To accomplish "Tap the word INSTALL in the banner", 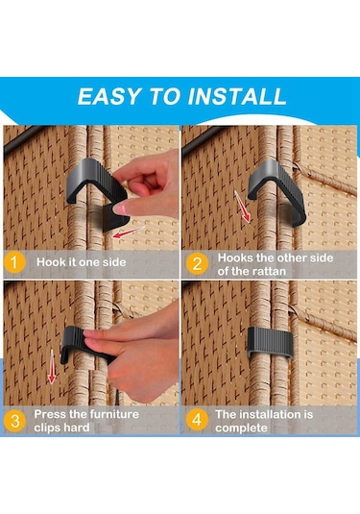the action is [x=237, y=96].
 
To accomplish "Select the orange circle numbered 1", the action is [x=14, y=262].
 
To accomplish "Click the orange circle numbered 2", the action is [x=197, y=263].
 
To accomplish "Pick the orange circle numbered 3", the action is [x=14, y=421].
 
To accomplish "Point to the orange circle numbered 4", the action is [x=197, y=420].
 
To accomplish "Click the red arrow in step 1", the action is [x=128, y=232].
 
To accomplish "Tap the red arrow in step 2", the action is [x=243, y=207].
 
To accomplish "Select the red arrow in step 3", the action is [x=52, y=366].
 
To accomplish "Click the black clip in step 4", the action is [x=271, y=342].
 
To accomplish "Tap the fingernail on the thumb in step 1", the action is [x=120, y=208].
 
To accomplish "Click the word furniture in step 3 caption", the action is [x=114, y=414].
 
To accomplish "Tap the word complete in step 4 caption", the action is [x=241, y=428].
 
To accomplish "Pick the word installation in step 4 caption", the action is [x=271, y=414].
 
